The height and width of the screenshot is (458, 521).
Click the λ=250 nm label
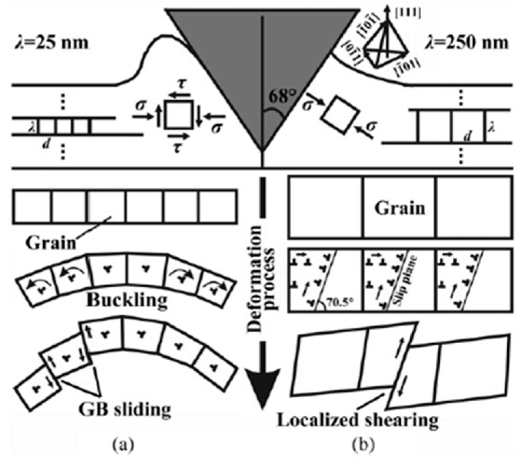[467, 43]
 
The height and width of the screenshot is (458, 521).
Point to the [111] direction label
[408, 13]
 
